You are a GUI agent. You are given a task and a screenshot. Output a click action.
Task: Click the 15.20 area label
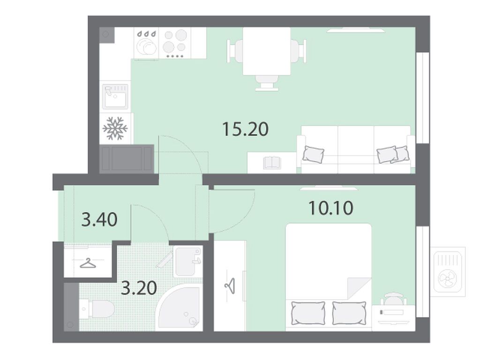pyautogui.click(x=246, y=129)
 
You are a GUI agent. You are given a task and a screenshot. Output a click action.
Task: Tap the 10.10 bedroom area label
pyautogui.click(x=331, y=208)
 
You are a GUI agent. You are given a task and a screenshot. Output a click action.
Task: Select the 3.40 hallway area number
pyautogui.click(x=99, y=220)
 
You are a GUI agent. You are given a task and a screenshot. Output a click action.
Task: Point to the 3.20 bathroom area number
pyautogui.click(x=139, y=288)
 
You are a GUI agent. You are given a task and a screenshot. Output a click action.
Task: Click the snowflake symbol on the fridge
pyautogui.click(x=115, y=128)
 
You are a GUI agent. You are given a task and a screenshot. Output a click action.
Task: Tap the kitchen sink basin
pyautogui.click(x=115, y=97)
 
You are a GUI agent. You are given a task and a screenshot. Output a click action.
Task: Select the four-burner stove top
pyautogui.click(x=175, y=43)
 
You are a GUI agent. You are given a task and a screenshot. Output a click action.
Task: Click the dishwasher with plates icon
pyautogui.click(x=146, y=43)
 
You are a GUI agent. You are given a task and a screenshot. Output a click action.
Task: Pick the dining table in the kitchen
pyautogui.click(x=267, y=51)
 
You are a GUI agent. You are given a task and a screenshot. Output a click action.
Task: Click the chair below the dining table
pyautogui.click(x=267, y=82)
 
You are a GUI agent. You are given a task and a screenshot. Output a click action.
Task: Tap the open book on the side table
pyautogui.click(x=272, y=162)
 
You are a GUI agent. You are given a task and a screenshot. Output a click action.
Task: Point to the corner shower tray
pyautogui.click(x=179, y=307)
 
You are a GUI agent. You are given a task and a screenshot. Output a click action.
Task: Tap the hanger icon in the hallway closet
pyautogui.click(x=88, y=263)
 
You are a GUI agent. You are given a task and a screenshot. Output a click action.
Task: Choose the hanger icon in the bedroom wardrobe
pyautogui.click(x=230, y=285)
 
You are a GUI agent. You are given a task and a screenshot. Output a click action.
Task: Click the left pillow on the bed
pyautogui.click(x=308, y=313)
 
